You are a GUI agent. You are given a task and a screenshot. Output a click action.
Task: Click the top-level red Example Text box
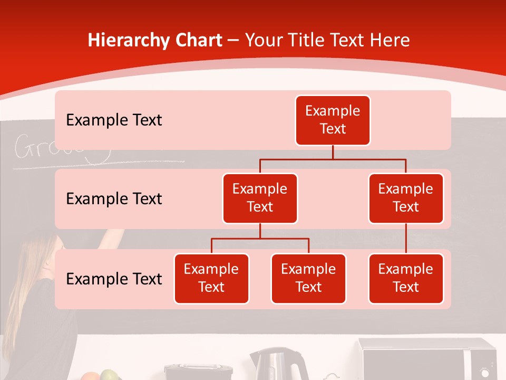(333, 120)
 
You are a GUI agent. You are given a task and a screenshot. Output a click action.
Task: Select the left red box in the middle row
(260, 198)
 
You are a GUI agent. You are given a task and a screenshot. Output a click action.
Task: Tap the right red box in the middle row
(406, 198)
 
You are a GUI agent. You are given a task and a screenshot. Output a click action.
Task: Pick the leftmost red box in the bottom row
(211, 279)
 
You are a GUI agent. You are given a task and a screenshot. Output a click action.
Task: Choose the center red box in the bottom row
(308, 279)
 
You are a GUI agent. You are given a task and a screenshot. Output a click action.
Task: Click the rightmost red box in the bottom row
(406, 279)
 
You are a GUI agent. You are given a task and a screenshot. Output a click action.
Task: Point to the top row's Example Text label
(114, 120)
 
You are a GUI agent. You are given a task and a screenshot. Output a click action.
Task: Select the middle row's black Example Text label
(114, 199)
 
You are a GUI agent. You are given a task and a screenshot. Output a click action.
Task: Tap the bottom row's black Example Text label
(114, 279)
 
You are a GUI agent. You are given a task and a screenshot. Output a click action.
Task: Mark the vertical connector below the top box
(333, 152)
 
